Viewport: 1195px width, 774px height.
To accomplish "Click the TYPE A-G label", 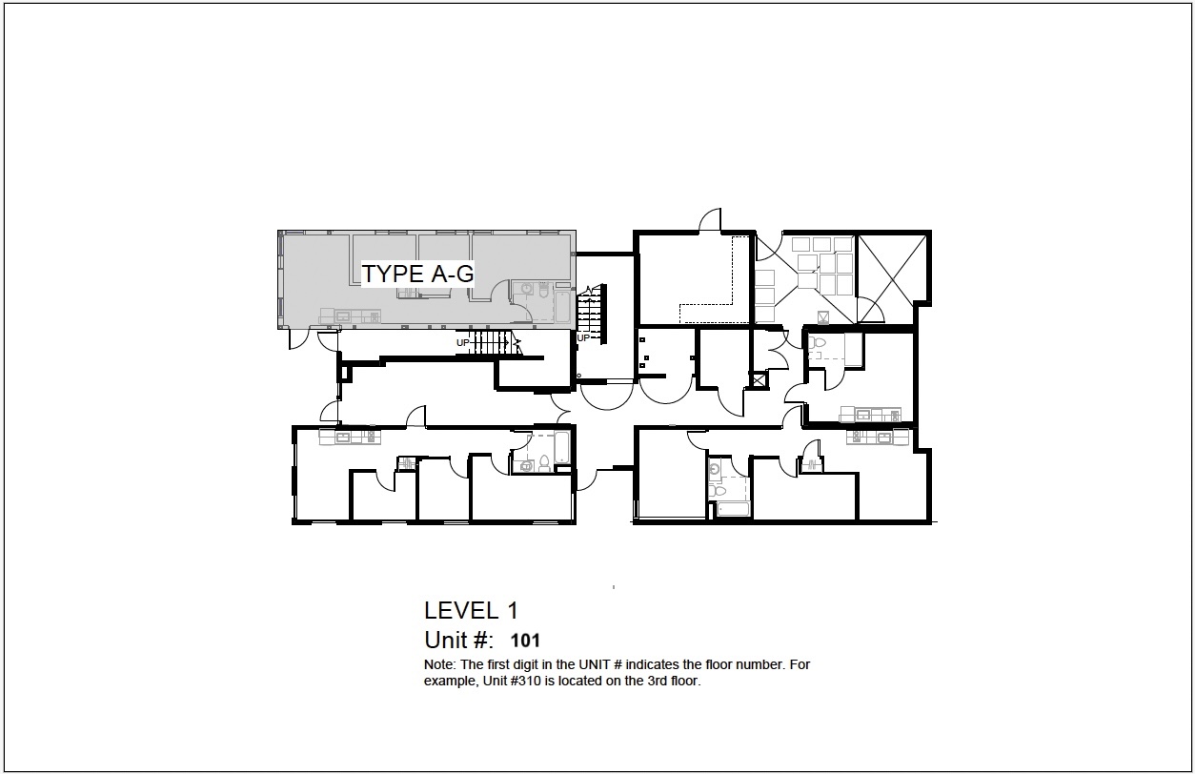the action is pos(417,274).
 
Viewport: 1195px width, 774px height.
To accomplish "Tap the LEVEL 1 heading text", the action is pos(471,610).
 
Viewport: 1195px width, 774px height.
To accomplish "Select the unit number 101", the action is pos(525,641).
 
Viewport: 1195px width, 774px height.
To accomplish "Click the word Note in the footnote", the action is pos(440,664).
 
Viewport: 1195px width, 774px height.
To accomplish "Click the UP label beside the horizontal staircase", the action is pos(462,343).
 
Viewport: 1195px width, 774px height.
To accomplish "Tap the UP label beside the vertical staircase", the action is pos(583,337).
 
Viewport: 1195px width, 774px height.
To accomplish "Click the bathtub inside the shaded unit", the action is pos(562,306).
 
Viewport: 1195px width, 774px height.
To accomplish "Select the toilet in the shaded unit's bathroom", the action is pos(543,290).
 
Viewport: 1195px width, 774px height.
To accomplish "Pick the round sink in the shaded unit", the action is pos(527,289).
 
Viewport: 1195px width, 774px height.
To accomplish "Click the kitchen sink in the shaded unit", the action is pos(342,316).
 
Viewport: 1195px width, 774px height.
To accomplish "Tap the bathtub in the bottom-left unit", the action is pos(561,447).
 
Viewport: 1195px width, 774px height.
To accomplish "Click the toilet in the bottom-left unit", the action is pos(544,463).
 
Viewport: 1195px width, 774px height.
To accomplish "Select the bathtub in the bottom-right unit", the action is pos(733,509).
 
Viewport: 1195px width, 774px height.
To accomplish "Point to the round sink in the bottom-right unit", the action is pos(716,470).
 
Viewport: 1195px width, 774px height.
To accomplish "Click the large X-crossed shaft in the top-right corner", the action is pos(892,278).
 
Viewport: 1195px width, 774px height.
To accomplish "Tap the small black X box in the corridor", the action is pos(759,380).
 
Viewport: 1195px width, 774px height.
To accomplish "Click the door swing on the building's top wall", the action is pos(710,220).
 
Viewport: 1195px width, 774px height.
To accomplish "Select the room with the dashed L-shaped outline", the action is pos(695,278).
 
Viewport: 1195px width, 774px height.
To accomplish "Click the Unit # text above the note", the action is pos(458,640).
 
